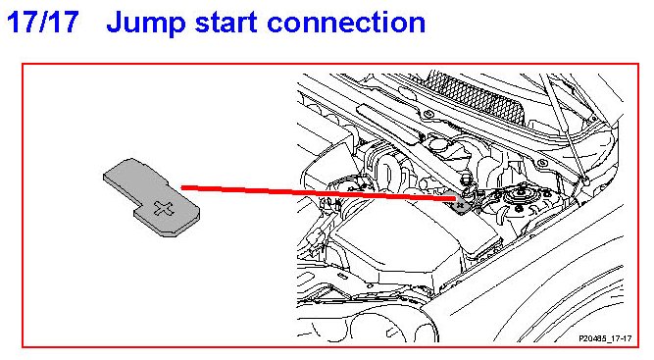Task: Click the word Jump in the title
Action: click(145, 24)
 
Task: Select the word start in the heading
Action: click(226, 24)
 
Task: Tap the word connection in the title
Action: click(346, 23)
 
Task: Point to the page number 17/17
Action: click(42, 22)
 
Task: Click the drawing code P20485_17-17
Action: click(605, 338)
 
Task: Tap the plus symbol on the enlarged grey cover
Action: click(163, 209)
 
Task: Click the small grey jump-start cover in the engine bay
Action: click(461, 205)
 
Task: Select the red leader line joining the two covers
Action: click(319, 193)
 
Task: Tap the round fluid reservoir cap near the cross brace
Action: click(437, 144)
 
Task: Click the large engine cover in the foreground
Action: click(400, 237)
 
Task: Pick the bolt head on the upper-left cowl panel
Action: click(428, 114)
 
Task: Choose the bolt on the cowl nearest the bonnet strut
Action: click(542, 163)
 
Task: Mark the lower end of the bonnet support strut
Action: click(585, 181)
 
